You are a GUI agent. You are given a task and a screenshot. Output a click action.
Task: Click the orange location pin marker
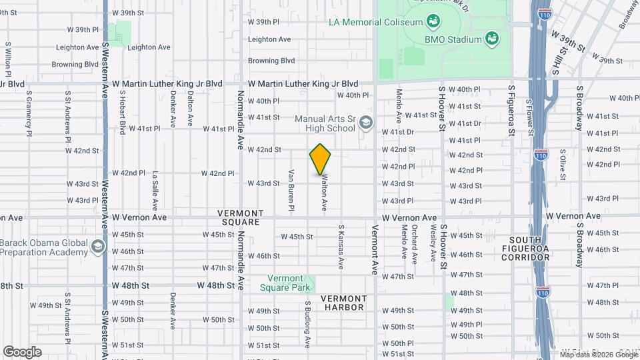[x=321, y=159]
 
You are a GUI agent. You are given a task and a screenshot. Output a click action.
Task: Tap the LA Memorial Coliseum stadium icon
[x=433, y=22]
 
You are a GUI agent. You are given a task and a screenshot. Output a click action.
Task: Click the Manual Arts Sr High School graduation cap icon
[x=365, y=123]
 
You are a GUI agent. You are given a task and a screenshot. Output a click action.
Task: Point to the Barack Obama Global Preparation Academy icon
[x=99, y=247]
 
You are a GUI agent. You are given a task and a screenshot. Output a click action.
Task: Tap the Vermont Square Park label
[x=290, y=283]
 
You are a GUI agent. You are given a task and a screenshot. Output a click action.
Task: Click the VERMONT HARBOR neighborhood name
[x=343, y=303]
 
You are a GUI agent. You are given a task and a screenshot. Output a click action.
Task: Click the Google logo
[x=22, y=351]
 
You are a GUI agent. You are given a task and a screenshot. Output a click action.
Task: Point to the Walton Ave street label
[x=325, y=193]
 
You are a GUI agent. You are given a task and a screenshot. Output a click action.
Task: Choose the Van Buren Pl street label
[x=291, y=190]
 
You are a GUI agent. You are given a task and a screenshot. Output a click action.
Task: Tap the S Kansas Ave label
[x=341, y=246]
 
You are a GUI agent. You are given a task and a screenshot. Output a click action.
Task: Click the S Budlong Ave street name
[x=308, y=324]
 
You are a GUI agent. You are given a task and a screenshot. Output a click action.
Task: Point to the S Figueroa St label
[x=511, y=110]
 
